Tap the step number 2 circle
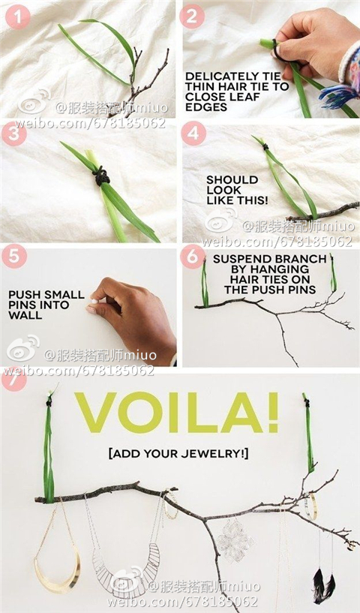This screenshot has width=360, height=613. coord(192,16)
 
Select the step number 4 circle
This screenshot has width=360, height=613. coord(193,134)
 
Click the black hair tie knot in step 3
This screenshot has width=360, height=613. coord(101,177)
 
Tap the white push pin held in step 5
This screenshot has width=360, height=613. coord(94,302)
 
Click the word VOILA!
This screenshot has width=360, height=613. coord(177,412)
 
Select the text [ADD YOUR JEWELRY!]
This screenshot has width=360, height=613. coord(178,454)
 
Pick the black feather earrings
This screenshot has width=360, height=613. coord(324,585)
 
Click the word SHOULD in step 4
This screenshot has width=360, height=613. coord(232,180)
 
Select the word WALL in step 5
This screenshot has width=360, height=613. coord(25,315)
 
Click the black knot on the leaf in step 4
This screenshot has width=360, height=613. coord(265,147)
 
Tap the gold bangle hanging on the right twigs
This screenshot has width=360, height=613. coord(312,506)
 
